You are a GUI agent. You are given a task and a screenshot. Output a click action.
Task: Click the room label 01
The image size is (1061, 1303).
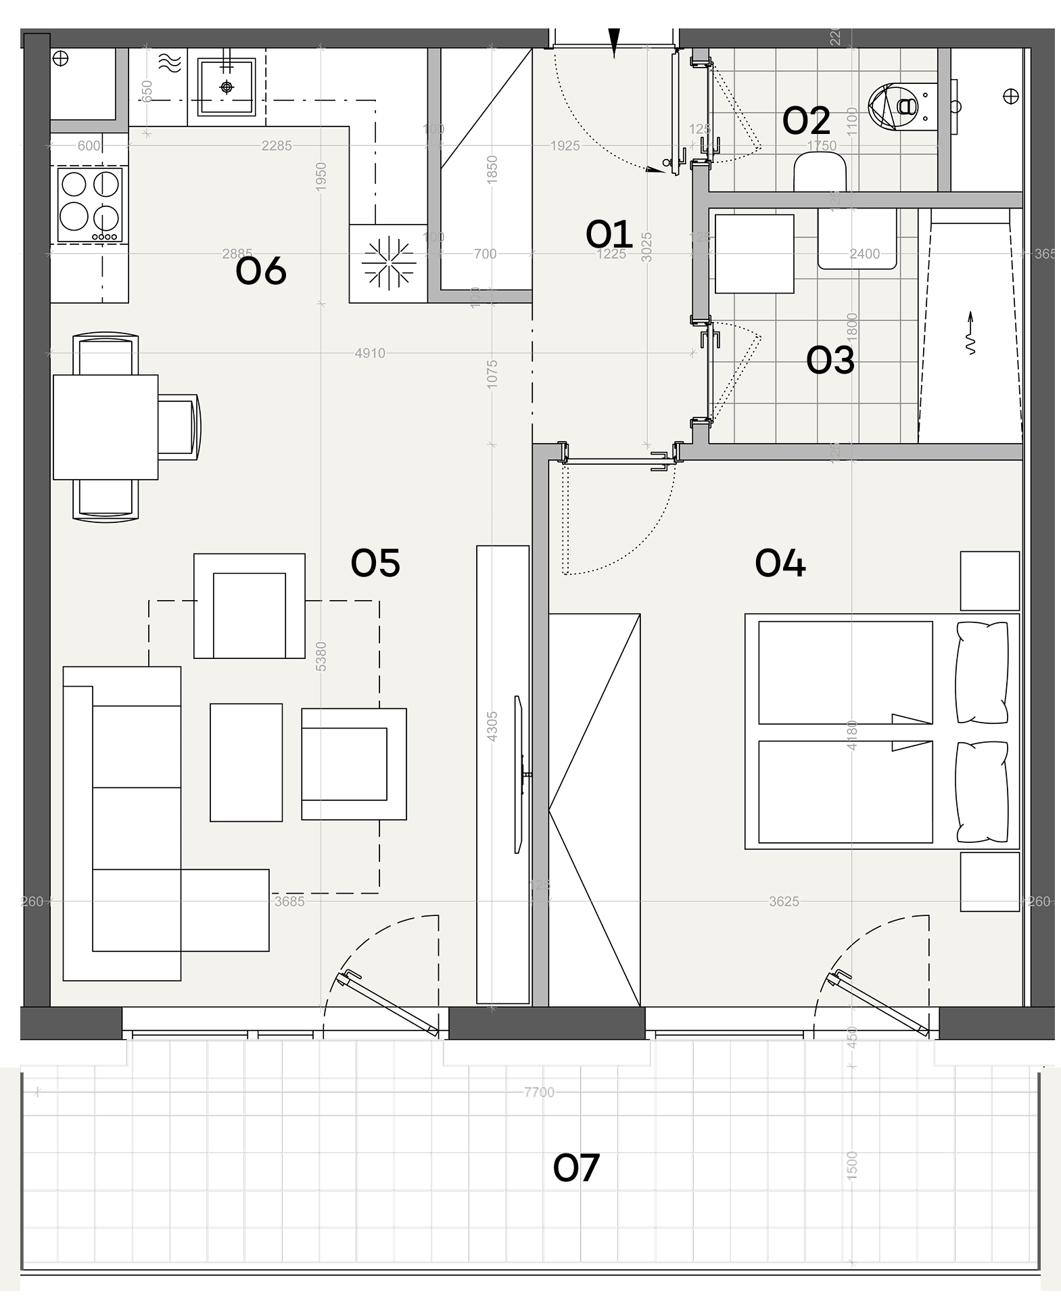pos(609,235)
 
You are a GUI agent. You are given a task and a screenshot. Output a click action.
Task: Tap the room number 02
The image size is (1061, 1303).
pos(806,122)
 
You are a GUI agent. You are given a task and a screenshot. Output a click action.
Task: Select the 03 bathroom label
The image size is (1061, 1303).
pos(830,360)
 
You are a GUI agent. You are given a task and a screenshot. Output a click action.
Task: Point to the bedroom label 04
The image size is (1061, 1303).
pos(780,564)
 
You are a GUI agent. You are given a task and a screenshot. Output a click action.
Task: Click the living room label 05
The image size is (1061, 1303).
pos(375,563)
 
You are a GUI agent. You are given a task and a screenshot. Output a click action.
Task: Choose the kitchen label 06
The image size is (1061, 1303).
pos(261,271)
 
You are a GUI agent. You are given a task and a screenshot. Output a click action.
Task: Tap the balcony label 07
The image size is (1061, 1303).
pos(576,1168)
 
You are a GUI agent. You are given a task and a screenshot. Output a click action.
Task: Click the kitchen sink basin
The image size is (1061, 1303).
pos(227,87)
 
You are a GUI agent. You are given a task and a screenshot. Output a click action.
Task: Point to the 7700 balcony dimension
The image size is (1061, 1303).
pos(539,1093)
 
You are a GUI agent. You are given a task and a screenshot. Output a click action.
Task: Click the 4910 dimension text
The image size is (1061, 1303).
pos(370,353)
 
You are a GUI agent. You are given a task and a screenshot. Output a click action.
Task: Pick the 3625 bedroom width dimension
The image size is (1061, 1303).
pos(784,902)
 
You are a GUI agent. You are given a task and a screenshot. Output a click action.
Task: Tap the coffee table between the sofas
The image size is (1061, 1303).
pos(246,762)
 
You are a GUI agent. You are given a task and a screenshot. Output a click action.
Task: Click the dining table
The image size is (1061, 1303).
pos(105,428)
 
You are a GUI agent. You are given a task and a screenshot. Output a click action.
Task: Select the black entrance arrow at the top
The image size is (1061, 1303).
pos(614,43)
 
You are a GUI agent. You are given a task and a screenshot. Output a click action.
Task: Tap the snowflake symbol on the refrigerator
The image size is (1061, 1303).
pos(388,263)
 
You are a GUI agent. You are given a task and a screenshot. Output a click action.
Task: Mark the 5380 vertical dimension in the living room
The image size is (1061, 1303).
pos(321,656)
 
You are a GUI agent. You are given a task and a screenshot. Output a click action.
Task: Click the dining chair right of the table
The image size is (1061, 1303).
pos(179,428)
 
